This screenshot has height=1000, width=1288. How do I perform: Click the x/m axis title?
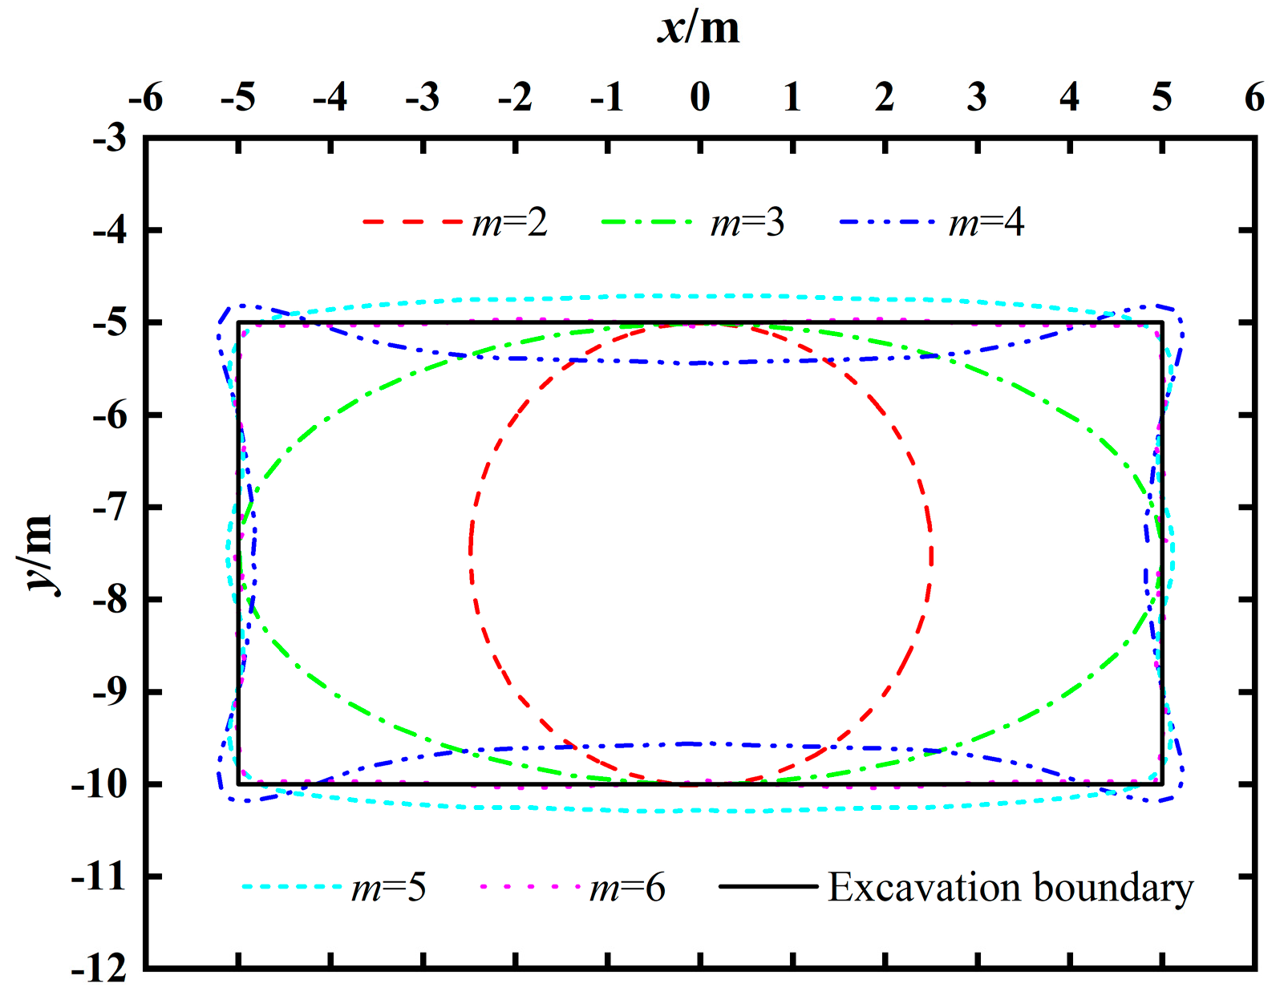coord(699,29)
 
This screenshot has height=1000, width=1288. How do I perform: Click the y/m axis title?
coord(38,553)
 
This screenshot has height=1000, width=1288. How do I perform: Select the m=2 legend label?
coord(510,222)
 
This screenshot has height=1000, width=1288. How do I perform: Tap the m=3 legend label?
coord(747,222)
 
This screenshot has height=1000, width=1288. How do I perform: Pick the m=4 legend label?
coord(986,222)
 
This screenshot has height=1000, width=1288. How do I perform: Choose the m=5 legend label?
coord(389,888)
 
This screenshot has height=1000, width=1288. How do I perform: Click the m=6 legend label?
coord(627,888)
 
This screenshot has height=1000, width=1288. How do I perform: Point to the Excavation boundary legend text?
coord(1011,888)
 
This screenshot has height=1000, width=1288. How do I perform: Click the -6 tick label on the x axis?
coord(146,98)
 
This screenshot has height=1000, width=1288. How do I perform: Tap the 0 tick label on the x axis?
coord(700,98)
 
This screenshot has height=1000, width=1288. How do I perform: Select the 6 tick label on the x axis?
coord(1254,98)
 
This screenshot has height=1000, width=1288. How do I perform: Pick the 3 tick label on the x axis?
coord(977,98)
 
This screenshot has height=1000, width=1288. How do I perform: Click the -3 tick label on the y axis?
coord(110,139)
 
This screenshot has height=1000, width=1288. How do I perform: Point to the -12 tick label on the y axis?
coord(99,969)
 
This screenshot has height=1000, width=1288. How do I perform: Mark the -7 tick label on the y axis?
coord(110,508)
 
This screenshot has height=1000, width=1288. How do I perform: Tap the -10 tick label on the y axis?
coord(99,784)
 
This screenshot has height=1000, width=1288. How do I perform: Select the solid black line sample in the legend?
coord(768,887)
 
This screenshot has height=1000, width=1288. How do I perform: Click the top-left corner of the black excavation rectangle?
coord(238,323)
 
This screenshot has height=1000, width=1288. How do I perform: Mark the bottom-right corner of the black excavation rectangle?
coord(1162,783)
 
